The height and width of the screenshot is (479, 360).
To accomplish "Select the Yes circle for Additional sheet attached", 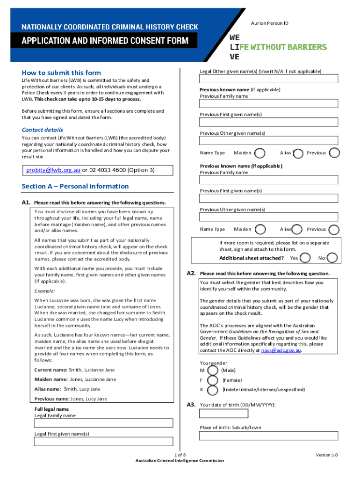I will [x=305, y=258].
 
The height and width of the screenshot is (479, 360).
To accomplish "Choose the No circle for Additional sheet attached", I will [x=333, y=258].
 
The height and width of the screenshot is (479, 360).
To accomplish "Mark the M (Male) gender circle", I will [x=212, y=370].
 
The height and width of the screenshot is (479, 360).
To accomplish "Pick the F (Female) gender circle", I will [x=212, y=380].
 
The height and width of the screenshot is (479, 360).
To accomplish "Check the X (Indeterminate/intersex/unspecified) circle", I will [x=212, y=390].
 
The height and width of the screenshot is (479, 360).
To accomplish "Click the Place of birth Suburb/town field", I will [x=268, y=436].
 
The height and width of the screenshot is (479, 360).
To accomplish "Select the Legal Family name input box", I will [x=103, y=423].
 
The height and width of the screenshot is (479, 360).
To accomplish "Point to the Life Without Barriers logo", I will [x=278, y=47].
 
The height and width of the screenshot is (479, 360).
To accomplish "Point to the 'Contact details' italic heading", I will [x=42, y=130].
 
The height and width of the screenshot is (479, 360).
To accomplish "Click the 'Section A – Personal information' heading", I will [x=75, y=186].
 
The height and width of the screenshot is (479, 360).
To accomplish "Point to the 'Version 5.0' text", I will [x=326, y=455].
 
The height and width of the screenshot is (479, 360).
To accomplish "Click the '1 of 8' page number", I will [x=180, y=455].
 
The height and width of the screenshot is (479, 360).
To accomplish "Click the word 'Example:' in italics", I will [x=44, y=290].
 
